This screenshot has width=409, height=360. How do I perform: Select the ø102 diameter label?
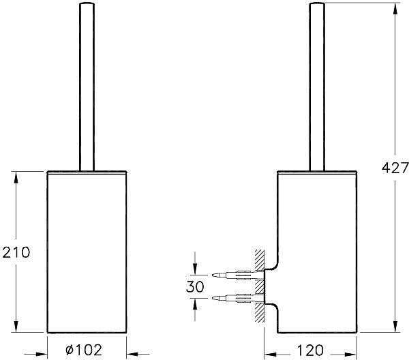coord(85,350)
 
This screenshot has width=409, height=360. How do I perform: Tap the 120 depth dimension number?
coord(310,350)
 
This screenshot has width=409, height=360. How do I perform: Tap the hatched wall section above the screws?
coord(260,260)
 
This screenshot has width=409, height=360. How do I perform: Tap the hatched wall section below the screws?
coord(260,314)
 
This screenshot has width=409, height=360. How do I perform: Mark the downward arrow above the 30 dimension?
coord(196,269)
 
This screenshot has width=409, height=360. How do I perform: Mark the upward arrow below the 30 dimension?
coord(196,305)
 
